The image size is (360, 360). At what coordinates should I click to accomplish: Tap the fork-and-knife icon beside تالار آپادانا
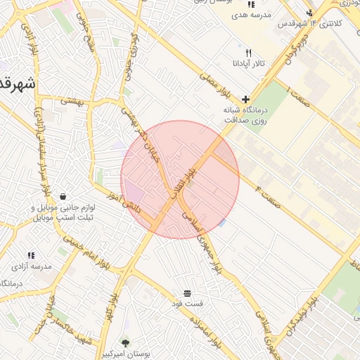(x=247, y=53)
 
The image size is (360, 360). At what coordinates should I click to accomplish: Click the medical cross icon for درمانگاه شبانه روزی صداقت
(x=245, y=99)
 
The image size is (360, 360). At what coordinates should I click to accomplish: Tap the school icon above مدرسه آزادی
(x=31, y=255)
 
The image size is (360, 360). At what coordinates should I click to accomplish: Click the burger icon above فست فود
(x=187, y=292)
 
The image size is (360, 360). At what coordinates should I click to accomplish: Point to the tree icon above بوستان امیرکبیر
(x=125, y=343)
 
